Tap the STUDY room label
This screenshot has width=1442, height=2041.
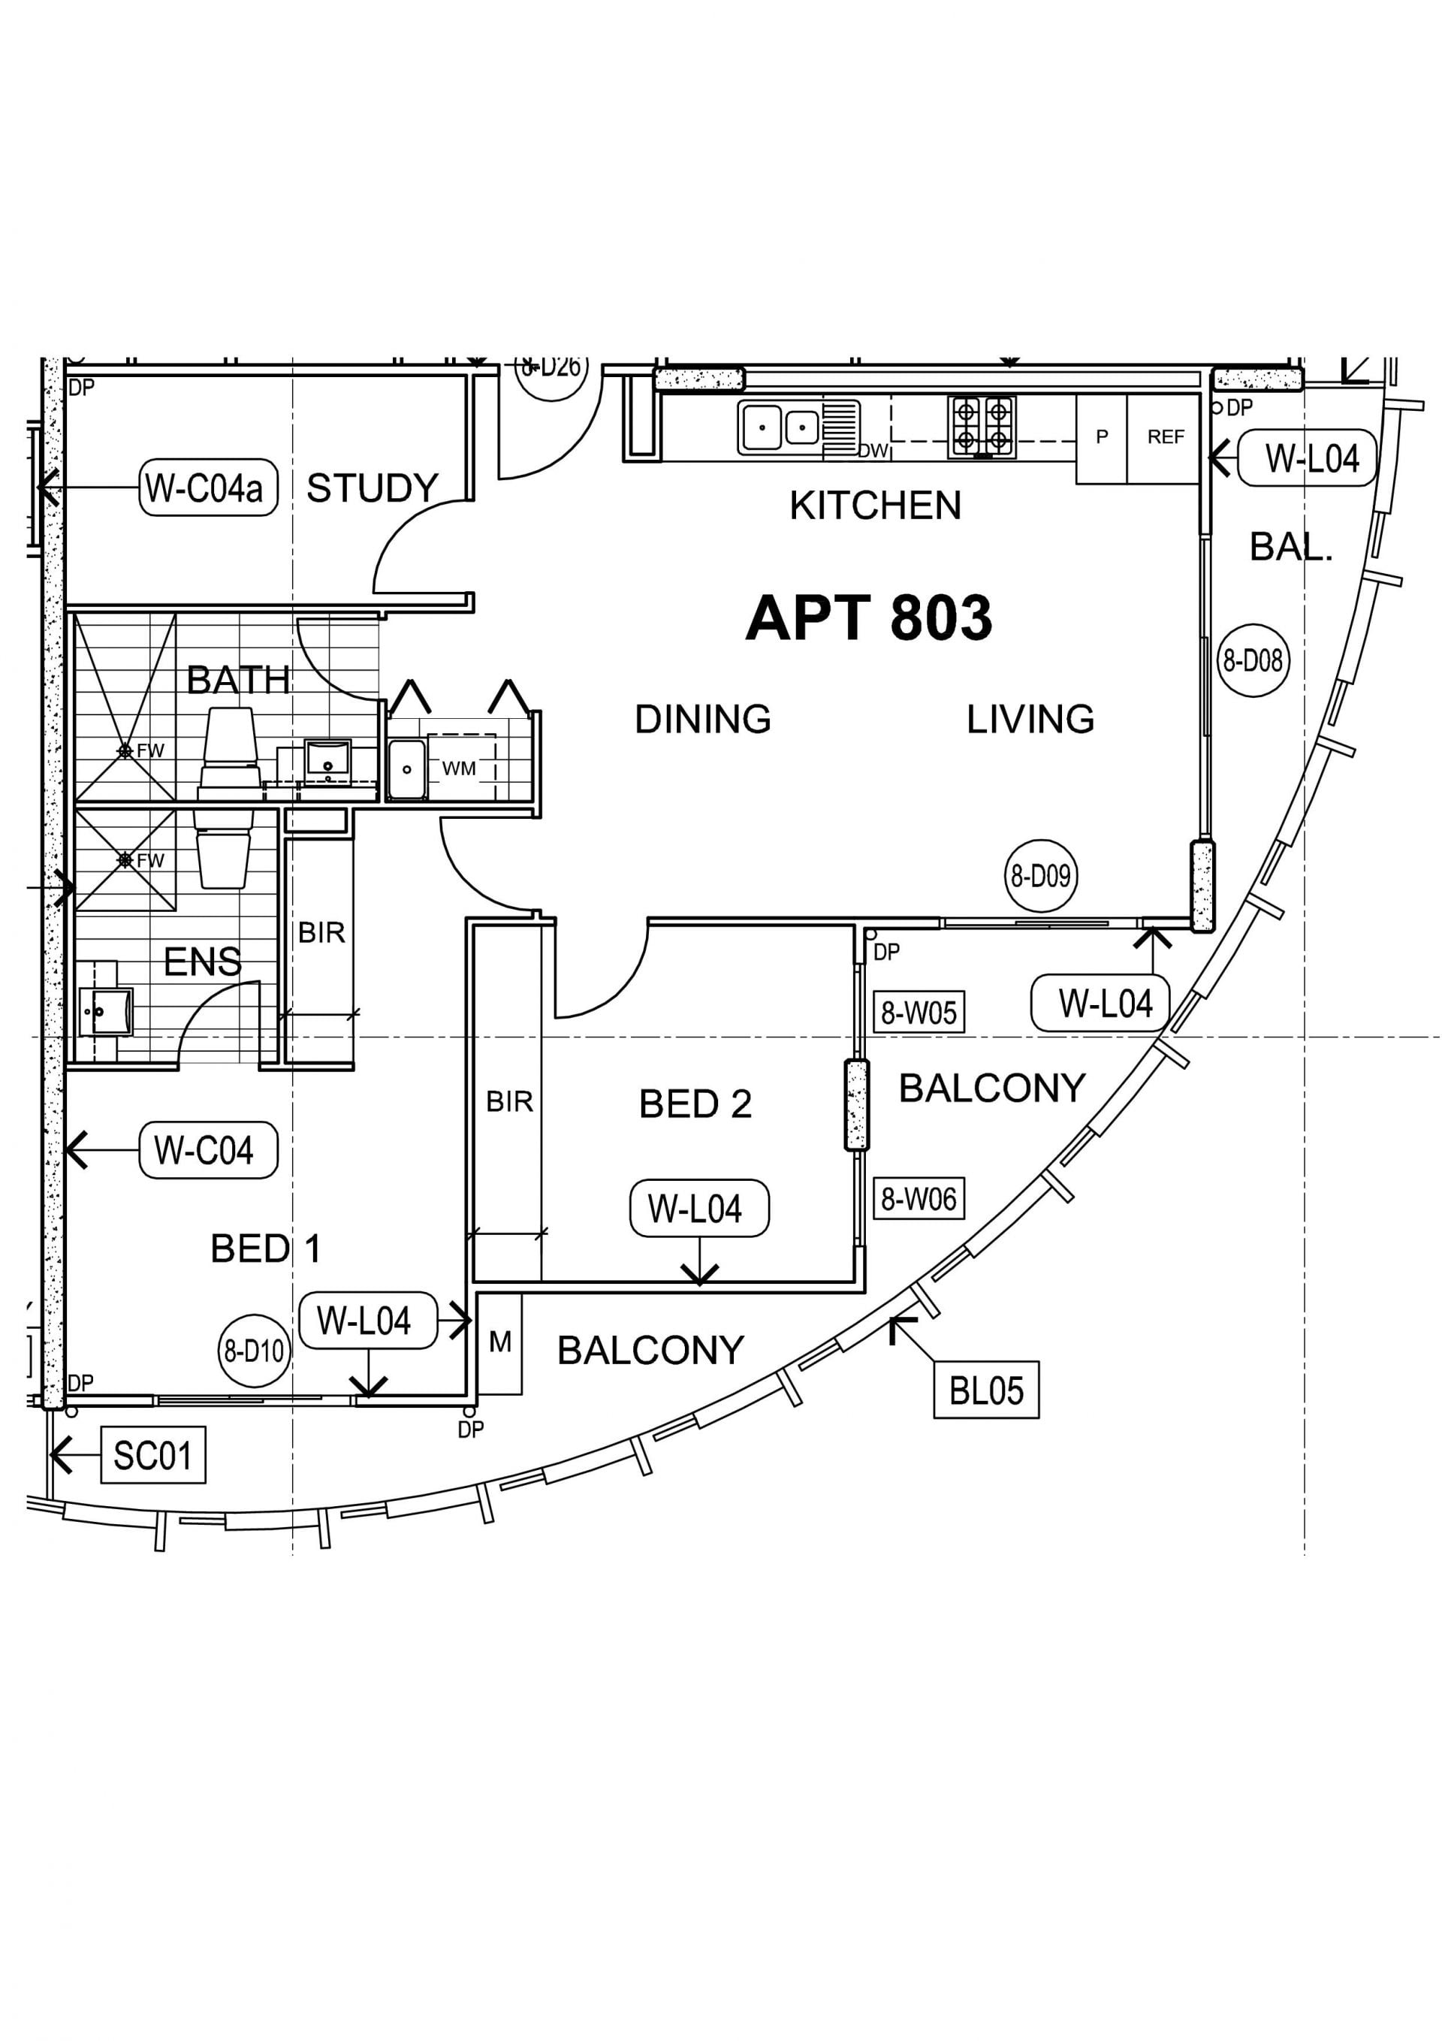[x=373, y=488]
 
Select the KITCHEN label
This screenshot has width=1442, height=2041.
[x=875, y=506]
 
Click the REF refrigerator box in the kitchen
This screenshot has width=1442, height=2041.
[x=1163, y=439]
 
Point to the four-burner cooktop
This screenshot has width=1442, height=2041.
[x=982, y=427]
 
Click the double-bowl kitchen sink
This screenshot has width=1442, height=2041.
[x=783, y=427]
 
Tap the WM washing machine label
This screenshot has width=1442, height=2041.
[x=459, y=768]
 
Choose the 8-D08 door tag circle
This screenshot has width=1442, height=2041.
[x=1253, y=660]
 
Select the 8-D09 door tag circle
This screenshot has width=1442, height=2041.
[x=1040, y=876]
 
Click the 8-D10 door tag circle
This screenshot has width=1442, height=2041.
[x=255, y=1351]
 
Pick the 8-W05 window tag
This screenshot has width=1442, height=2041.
[x=919, y=1013]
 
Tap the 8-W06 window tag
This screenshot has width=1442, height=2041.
[x=919, y=1198]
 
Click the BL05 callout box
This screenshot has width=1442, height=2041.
[x=986, y=1390]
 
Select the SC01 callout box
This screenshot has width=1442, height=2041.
[x=153, y=1455]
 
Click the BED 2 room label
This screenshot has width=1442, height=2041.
[x=695, y=1104]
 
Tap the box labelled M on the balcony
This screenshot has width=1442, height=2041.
[x=499, y=1343]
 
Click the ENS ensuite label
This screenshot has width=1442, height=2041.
[x=203, y=962]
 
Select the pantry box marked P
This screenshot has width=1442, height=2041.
[x=1102, y=439]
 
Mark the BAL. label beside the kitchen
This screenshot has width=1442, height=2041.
[x=1291, y=547]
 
